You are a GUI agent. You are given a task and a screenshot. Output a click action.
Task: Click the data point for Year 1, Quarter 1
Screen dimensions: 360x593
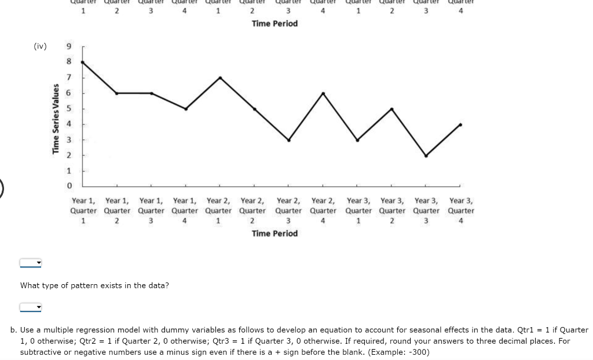(83, 61)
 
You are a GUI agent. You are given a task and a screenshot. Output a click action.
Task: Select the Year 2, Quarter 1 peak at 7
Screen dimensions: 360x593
(220, 78)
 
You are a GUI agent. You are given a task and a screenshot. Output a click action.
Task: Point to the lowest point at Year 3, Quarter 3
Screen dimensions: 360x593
(426, 156)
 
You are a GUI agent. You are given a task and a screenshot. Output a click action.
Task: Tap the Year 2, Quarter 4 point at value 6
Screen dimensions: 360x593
(323, 93)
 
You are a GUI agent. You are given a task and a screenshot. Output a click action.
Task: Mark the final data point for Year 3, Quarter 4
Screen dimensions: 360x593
(460, 124)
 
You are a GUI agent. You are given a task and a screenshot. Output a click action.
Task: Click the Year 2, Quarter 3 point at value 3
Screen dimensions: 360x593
(288, 140)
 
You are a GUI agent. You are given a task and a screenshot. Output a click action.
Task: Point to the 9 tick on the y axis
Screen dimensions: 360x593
(69, 46)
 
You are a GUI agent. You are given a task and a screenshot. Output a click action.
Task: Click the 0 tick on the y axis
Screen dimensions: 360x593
(69, 186)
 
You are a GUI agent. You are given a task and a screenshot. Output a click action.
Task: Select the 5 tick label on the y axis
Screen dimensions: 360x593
(69, 109)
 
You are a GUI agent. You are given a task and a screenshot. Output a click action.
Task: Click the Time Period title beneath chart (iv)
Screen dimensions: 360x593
(274, 233)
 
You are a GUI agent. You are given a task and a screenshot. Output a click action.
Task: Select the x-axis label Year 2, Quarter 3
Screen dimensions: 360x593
(288, 210)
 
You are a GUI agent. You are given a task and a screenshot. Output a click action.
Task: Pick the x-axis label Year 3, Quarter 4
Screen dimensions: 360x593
(461, 210)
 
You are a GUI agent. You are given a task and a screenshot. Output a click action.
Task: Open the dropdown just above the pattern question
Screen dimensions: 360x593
(31, 263)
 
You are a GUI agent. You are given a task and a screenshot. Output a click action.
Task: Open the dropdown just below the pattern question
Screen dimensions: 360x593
(31, 307)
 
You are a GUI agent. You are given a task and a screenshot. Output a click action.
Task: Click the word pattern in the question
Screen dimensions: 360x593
(82, 285)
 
